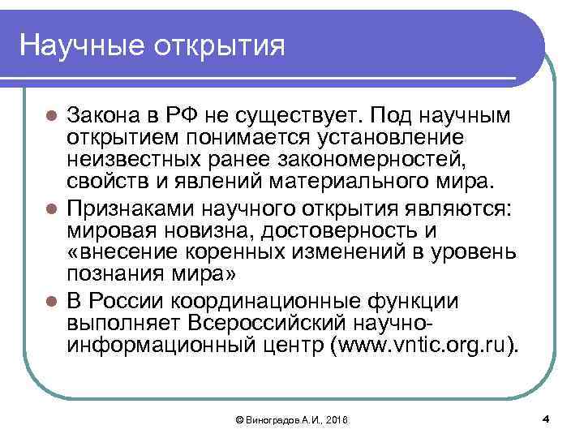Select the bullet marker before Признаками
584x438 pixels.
pyautogui.click(x=50, y=209)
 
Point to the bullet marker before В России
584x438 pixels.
pyautogui.click(x=50, y=303)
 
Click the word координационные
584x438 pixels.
pyautogui.click(x=272, y=303)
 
